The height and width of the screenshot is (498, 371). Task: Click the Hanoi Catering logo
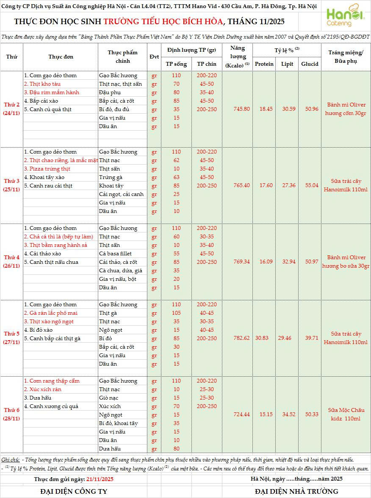pos(345,16)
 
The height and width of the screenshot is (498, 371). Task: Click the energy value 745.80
pos(241,109)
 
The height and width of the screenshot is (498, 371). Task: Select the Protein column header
pos(264,64)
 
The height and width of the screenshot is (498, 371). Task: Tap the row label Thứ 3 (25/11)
pos(12,185)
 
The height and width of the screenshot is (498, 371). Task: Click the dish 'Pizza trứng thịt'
pos(47,169)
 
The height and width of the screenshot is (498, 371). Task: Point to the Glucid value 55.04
pos(309,185)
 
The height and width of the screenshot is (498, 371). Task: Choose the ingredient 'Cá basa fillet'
pos(115,254)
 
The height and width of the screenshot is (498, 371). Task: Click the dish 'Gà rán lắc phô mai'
pos(50,313)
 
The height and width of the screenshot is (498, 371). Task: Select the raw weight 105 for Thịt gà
pos(176,313)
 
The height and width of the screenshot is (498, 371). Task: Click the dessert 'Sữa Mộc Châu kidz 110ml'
pos(346,414)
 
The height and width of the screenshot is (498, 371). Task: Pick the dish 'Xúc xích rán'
pos(42,389)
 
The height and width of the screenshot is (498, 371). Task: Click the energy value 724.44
pos(241,414)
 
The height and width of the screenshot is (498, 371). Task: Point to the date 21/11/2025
pos(100,479)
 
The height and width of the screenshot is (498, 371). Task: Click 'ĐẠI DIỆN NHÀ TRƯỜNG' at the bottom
pos(296,491)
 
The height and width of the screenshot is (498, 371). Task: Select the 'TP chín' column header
pos(207,64)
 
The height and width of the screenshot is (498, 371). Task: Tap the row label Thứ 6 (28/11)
pos(12,414)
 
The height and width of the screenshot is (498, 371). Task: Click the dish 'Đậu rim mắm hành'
pos(51,92)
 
